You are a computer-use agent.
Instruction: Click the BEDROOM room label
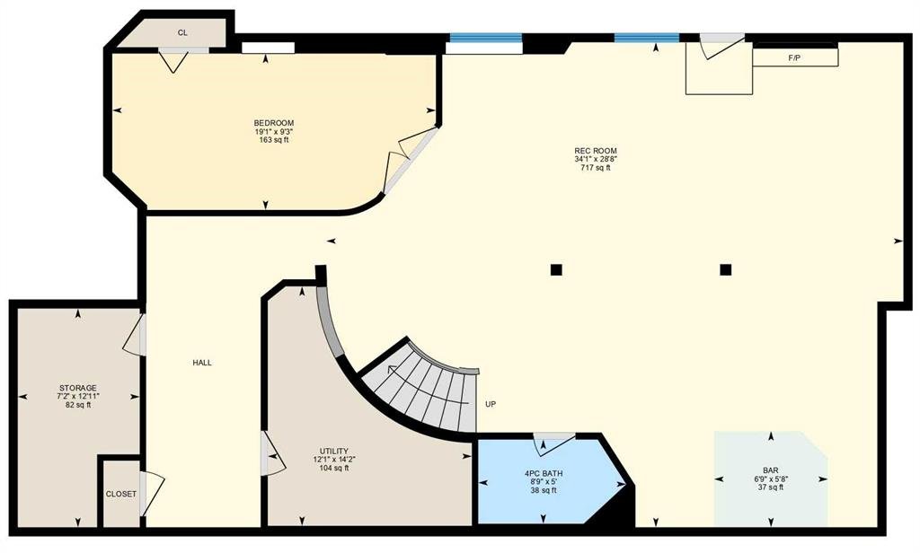click(273, 123)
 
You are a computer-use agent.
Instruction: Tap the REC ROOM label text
click(596, 151)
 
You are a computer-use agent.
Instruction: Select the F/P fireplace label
click(794, 58)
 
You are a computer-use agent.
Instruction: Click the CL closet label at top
click(182, 33)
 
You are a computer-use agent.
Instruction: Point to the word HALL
click(202, 363)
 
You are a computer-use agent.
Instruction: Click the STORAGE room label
click(78, 388)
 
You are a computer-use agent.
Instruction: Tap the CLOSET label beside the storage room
click(121, 494)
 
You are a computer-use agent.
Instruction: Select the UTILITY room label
click(334, 452)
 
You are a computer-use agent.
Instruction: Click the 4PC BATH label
click(544, 473)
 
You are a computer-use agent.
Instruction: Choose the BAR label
click(770, 470)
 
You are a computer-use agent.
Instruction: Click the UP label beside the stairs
click(491, 404)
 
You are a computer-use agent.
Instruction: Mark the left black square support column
click(556, 269)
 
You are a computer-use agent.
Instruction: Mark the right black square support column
click(726, 269)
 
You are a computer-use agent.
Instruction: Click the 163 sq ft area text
click(273, 140)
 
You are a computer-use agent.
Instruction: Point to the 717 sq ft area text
click(596, 168)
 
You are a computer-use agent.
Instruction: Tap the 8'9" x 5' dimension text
click(544, 481)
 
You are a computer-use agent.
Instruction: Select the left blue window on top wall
click(485, 38)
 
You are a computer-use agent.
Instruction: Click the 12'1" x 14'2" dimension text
click(334, 460)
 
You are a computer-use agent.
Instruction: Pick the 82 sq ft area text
click(78, 405)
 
